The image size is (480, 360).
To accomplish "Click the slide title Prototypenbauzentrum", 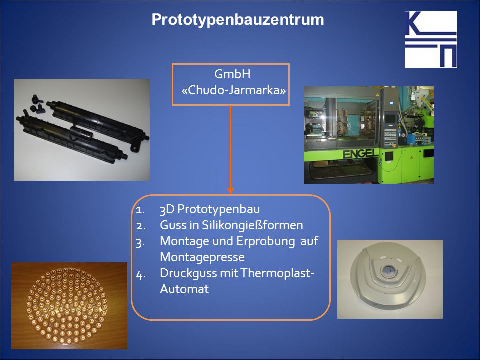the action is pyautogui.click(x=238, y=20).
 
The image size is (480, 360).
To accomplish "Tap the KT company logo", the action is pyautogui.click(x=431, y=39).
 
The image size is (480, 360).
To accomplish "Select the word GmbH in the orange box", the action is pyautogui.click(x=232, y=74).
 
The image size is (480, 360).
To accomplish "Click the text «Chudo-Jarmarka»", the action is pyautogui.click(x=234, y=90).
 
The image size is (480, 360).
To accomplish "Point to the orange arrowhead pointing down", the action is pyautogui.click(x=231, y=190).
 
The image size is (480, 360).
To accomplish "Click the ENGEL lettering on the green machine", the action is pyautogui.click(x=361, y=153).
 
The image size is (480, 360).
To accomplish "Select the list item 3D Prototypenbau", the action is pyautogui.click(x=210, y=209).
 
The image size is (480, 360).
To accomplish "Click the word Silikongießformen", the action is pyautogui.click(x=252, y=225).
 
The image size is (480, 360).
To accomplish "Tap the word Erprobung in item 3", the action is pyautogui.click(x=265, y=241).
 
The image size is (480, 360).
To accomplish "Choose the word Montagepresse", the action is pyautogui.click(x=202, y=257).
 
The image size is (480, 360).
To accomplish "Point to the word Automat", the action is pyautogui.click(x=184, y=289).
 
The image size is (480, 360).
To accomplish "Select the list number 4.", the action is pyautogui.click(x=141, y=274).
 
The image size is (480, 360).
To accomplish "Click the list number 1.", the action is pyautogui.click(x=140, y=210).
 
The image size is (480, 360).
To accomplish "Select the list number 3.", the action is pyautogui.click(x=140, y=243).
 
